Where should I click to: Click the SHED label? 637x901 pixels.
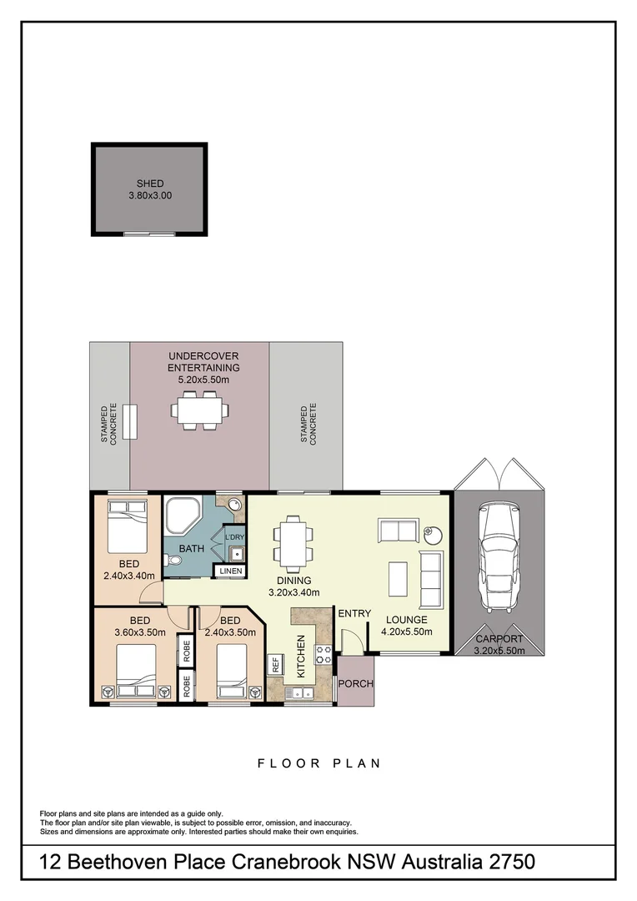tap(150, 184)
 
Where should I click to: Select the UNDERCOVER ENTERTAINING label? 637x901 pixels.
tap(203, 362)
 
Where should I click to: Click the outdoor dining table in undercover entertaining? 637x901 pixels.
tap(200, 410)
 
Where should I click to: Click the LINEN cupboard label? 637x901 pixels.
tap(231, 571)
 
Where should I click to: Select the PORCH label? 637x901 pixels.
tap(356, 683)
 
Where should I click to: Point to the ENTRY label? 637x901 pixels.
tap(354, 614)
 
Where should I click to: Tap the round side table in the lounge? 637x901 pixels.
tap(432, 531)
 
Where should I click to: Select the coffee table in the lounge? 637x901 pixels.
tap(399, 578)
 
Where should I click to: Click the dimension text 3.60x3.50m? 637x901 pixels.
tap(139, 632)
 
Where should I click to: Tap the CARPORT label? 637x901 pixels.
tap(499, 640)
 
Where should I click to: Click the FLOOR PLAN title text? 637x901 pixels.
tap(318, 763)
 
